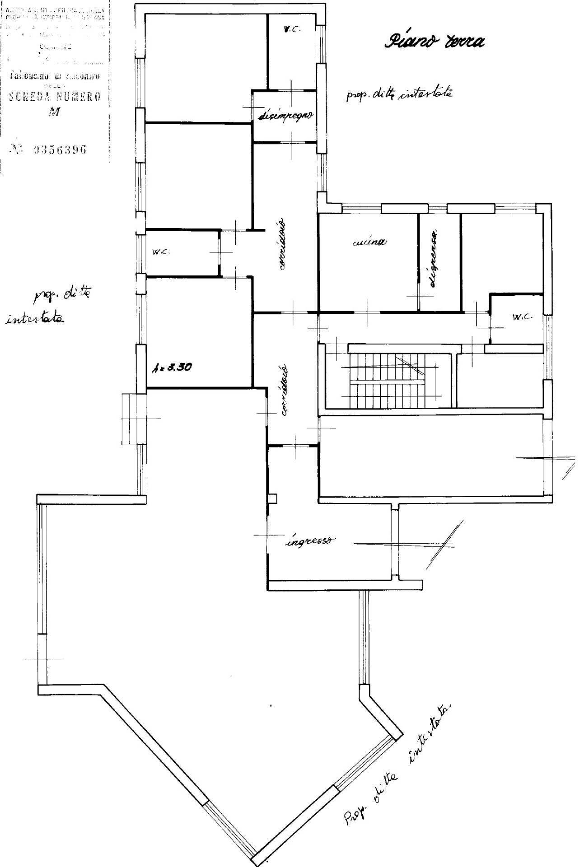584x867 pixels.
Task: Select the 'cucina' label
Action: pos(369,242)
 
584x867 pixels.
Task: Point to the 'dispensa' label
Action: pos(434,259)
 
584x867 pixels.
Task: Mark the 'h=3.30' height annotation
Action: pos(172,367)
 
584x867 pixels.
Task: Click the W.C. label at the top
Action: pos(292,29)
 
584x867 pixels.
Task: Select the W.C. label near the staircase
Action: pos(523,317)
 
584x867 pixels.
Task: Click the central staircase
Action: pos(387,374)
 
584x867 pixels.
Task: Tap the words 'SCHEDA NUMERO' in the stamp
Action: pos(55,97)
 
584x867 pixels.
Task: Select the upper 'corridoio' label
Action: pos(281,244)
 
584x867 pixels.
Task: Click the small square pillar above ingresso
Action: pos(272,498)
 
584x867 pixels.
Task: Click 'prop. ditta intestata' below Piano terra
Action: pos(399,94)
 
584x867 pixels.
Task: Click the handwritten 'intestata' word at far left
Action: pos(33,319)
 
